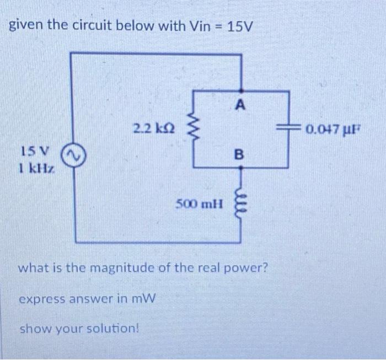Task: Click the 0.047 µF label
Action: coord(330,130)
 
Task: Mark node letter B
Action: coord(239,154)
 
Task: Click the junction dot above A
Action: coord(240,90)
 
